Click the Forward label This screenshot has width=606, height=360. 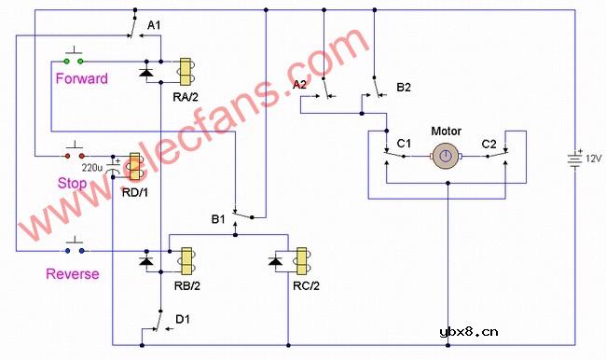(x=81, y=78)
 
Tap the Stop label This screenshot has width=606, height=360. (x=72, y=184)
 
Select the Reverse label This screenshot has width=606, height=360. (x=72, y=274)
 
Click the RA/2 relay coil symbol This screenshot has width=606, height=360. (x=185, y=71)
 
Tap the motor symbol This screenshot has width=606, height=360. (x=448, y=156)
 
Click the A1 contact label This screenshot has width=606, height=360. (x=155, y=24)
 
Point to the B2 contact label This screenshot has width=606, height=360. (x=404, y=87)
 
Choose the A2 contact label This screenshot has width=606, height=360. (x=300, y=85)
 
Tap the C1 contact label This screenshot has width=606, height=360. (x=404, y=143)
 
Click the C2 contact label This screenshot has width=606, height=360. (x=489, y=143)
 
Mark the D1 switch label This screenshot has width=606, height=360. (x=183, y=320)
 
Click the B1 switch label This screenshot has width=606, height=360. (x=218, y=220)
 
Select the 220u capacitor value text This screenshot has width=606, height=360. (x=92, y=168)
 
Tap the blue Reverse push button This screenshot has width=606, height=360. (x=74, y=250)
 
